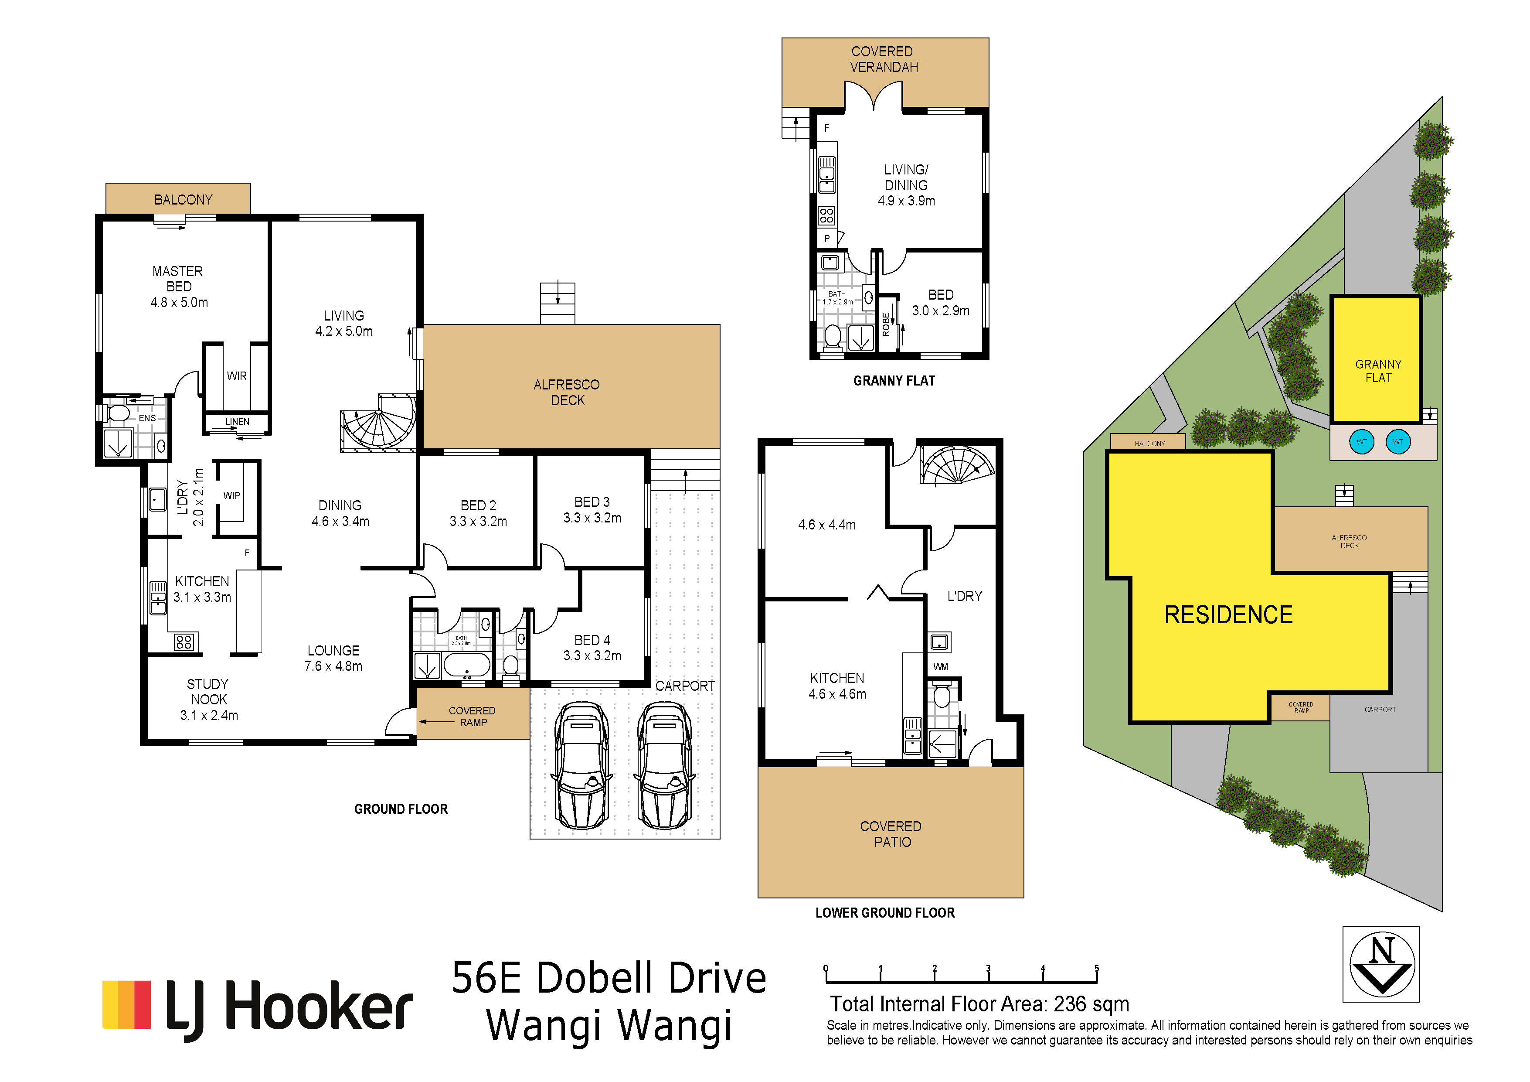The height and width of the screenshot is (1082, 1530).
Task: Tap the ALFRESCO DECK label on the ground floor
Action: [x=567, y=392]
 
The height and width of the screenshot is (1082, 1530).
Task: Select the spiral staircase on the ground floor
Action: [x=378, y=421]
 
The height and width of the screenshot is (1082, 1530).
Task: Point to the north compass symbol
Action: [x=1381, y=963]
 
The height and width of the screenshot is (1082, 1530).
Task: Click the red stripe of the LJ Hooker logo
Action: [x=143, y=1004]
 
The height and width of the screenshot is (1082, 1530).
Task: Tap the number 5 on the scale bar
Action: [x=1096, y=969]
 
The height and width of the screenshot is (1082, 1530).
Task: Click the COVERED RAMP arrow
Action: [x=436, y=721]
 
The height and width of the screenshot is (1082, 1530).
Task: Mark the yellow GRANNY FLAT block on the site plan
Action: [x=1377, y=359]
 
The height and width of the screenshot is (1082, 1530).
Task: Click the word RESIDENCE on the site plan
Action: [x=1228, y=614]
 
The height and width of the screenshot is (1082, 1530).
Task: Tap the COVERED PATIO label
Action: [x=891, y=834]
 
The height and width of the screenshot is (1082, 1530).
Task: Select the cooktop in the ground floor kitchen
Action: [x=184, y=642]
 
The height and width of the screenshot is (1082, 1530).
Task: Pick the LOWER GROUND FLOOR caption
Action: [x=885, y=913]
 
